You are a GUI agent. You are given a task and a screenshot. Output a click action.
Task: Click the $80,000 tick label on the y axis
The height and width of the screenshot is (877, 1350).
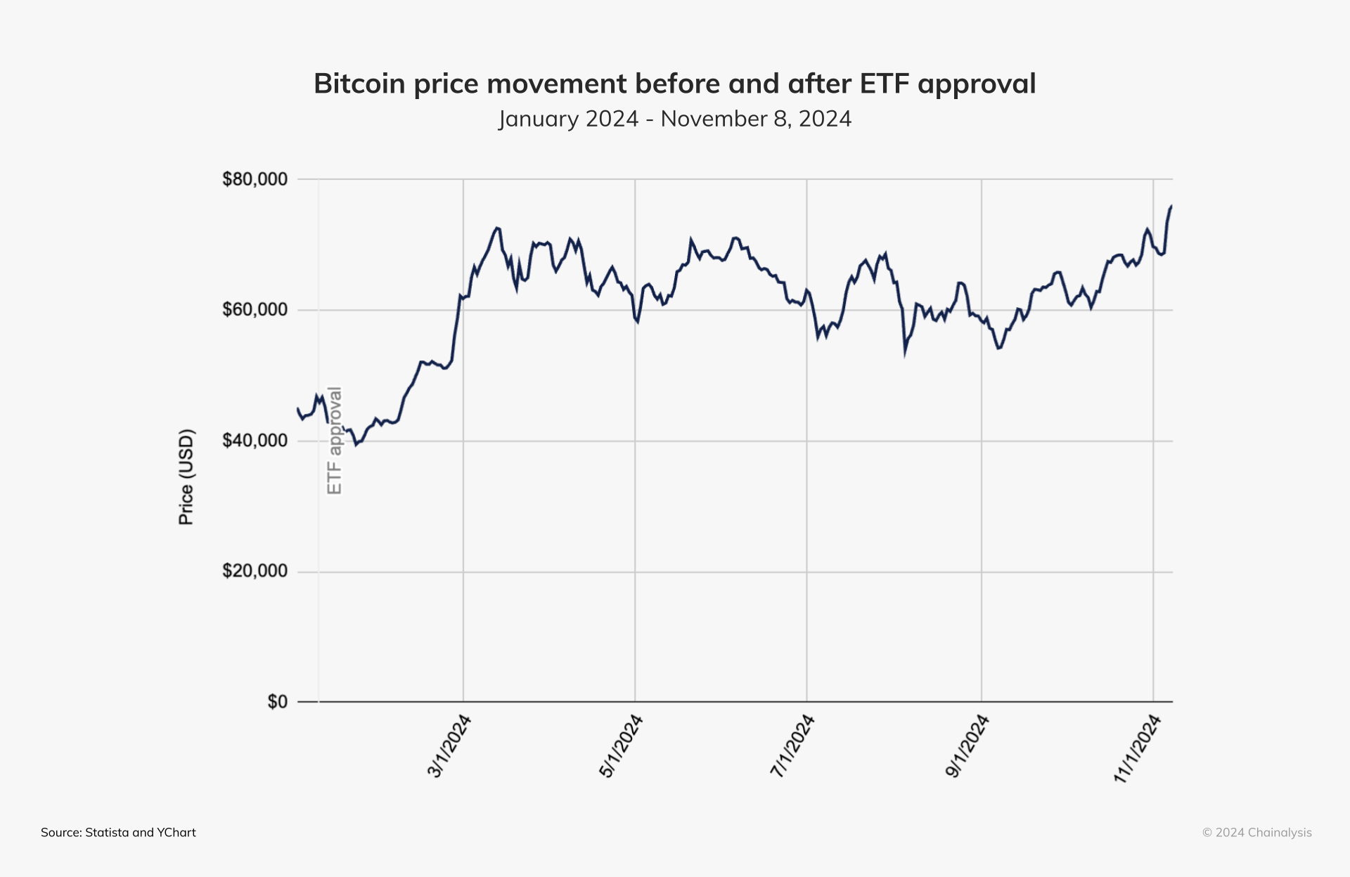255,179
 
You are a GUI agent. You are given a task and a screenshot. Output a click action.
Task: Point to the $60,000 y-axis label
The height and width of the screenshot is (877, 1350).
255,310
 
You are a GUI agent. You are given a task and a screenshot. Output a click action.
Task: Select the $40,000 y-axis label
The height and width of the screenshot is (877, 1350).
255,441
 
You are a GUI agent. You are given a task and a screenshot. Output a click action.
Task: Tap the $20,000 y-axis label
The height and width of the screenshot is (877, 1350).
255,571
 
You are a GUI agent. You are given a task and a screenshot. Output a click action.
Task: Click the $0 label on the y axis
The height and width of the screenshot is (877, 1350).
277,702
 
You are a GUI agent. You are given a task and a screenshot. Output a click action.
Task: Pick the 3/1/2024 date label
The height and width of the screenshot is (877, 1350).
449,746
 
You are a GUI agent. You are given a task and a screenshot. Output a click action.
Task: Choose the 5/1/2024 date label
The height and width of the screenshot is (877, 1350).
620,746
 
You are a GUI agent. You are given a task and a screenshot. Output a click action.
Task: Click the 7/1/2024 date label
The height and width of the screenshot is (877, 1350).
792,746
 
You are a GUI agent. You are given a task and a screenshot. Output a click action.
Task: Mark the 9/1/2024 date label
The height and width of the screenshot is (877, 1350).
967,746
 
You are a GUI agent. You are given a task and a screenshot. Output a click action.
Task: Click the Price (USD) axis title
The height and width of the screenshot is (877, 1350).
186,477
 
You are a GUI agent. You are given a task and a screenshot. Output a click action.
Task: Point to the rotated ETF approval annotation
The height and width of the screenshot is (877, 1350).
335,441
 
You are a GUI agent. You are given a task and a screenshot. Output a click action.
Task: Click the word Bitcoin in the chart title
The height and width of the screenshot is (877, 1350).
359,84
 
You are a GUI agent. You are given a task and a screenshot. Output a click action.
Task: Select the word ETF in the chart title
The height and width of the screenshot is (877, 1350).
885,84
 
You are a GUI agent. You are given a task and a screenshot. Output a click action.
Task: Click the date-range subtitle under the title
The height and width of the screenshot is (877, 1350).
675,119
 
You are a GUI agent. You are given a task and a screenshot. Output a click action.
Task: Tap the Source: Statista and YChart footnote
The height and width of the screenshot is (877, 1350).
118,833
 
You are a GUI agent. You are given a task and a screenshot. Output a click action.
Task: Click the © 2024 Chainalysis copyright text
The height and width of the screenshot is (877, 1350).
1256,833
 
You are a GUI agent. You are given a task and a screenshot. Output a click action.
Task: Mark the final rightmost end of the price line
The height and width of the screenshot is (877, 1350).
1171,206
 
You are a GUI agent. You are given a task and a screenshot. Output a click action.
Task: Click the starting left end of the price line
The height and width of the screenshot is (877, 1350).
297,408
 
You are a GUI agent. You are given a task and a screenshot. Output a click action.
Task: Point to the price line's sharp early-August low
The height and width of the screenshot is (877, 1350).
905,353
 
